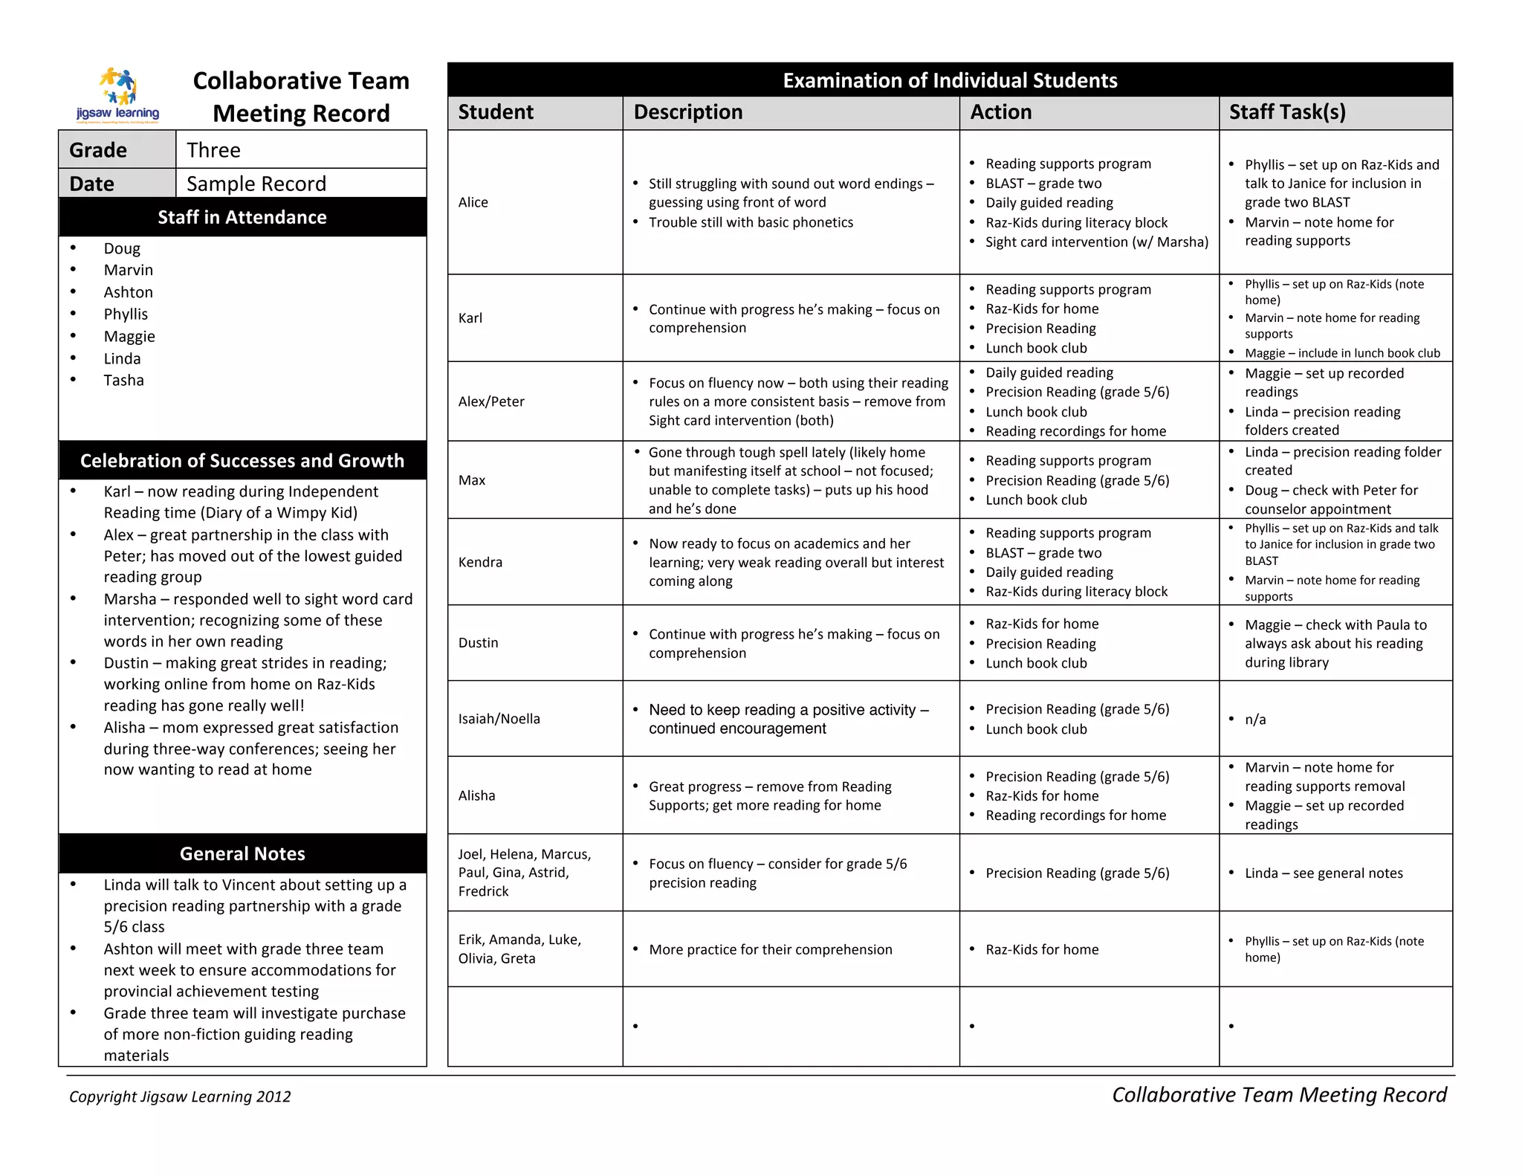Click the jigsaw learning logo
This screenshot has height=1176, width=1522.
point(118,95)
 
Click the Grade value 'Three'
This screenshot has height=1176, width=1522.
point(213,150)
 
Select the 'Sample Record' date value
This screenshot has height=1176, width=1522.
point(256,184)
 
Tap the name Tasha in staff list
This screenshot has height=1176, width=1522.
point(123,381)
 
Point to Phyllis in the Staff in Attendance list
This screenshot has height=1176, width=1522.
point(126,314)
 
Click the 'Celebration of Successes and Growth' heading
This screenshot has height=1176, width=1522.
point(242,461)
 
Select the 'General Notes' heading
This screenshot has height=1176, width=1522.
point(242,853)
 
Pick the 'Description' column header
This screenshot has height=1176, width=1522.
point(688,112)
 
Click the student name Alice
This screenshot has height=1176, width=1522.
point(473,202)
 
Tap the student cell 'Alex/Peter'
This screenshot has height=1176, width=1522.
point(491,401)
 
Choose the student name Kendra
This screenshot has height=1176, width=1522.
point(480,562)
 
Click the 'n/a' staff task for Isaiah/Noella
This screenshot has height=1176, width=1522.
point(1255,720)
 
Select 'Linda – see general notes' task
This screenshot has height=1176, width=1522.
point(1324,873)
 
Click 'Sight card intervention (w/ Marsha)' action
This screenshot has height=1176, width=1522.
point(1097,242)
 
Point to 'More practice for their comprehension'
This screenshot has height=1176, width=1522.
point(770,950)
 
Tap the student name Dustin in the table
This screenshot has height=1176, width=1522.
point(478,642)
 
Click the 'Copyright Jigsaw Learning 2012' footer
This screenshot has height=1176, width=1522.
point(180,1096)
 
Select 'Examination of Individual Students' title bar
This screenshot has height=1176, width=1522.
point(950,80)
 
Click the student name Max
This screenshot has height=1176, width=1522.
point(472,480)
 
